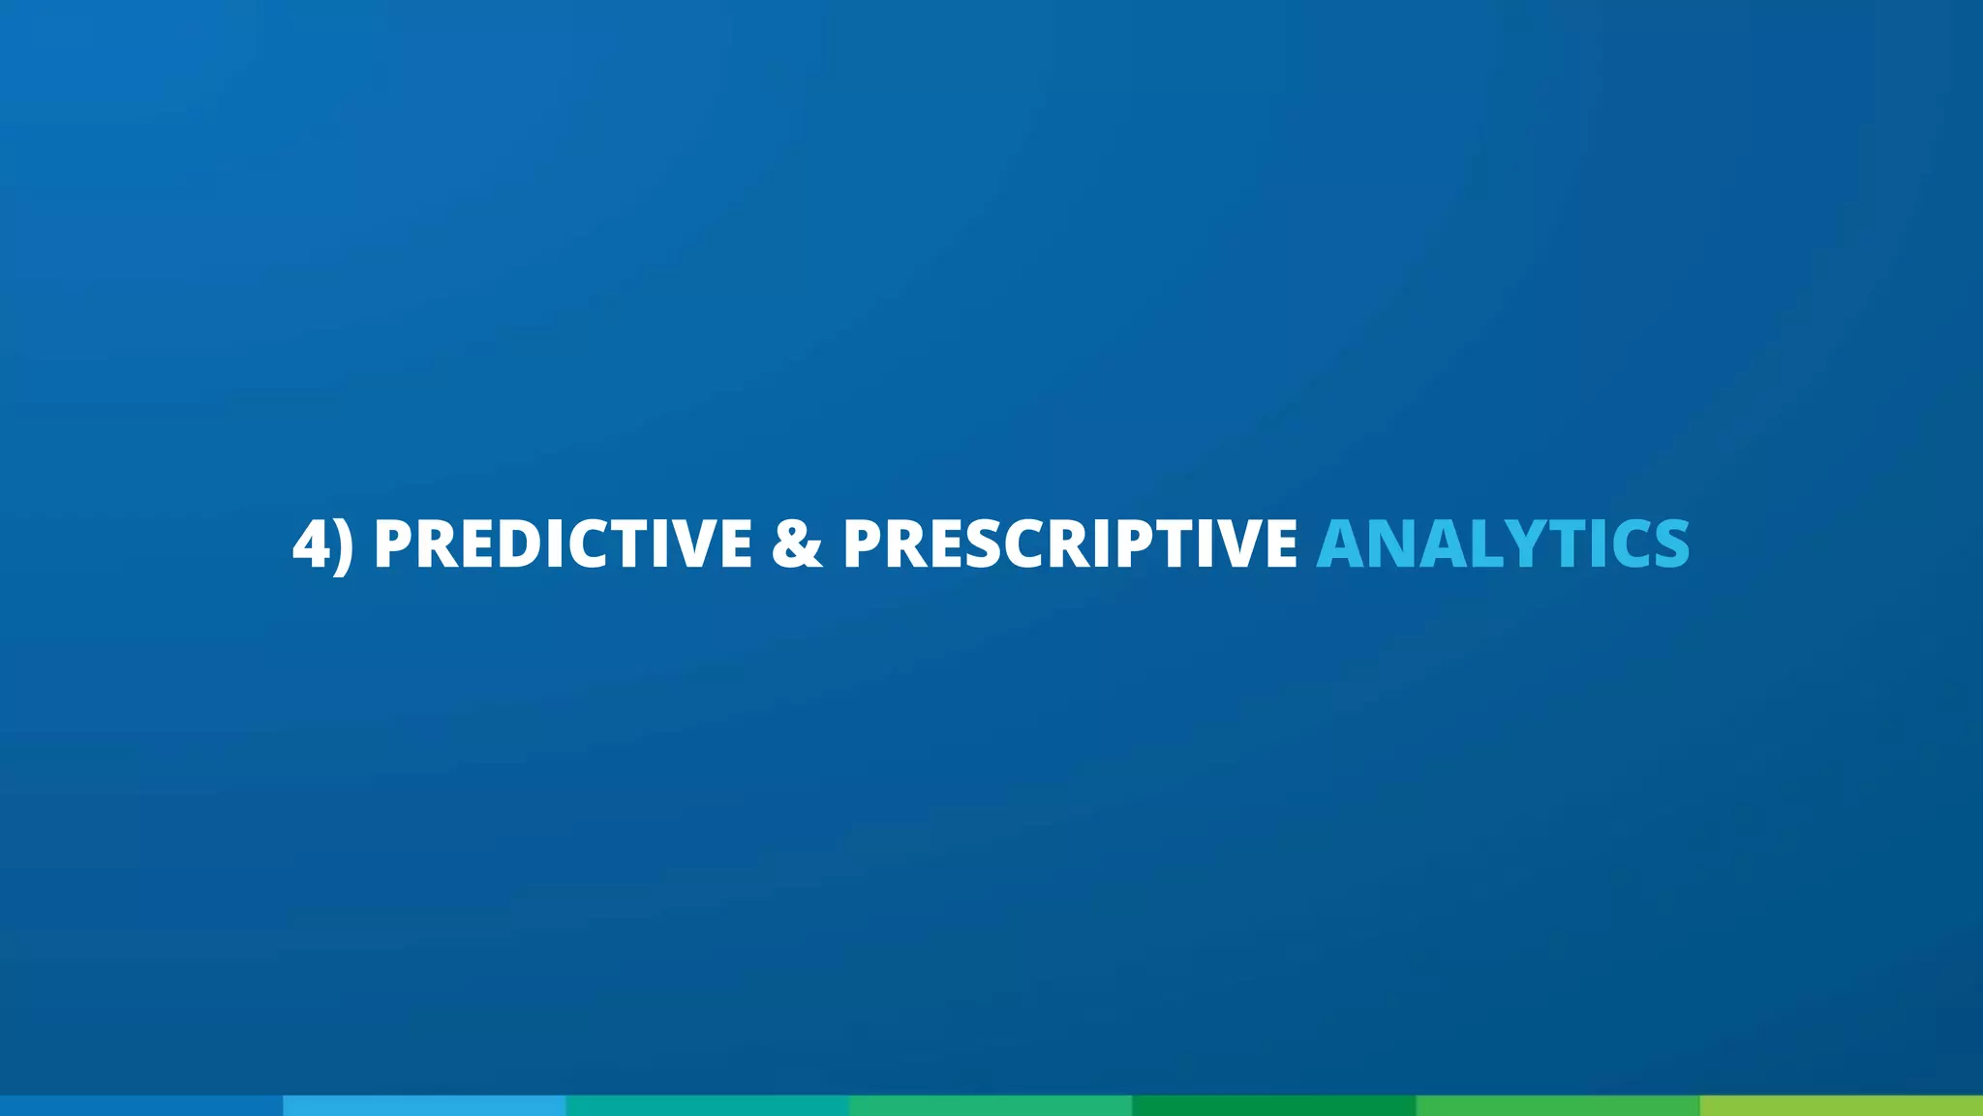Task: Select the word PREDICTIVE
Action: [563, 543]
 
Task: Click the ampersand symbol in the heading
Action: [797, 543]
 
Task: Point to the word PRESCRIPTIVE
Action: [1070, 543]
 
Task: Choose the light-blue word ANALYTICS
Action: [1503, 543]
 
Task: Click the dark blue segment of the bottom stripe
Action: [141, 1105]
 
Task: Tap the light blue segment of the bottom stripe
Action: [424, 1105]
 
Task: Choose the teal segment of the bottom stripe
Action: [708, 1105]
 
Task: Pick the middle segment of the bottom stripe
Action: [991, 1105]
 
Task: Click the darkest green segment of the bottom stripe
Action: [1274, 1105]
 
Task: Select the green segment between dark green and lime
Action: [1557, 1105]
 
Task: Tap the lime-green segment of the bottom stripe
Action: [1841, 1105]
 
